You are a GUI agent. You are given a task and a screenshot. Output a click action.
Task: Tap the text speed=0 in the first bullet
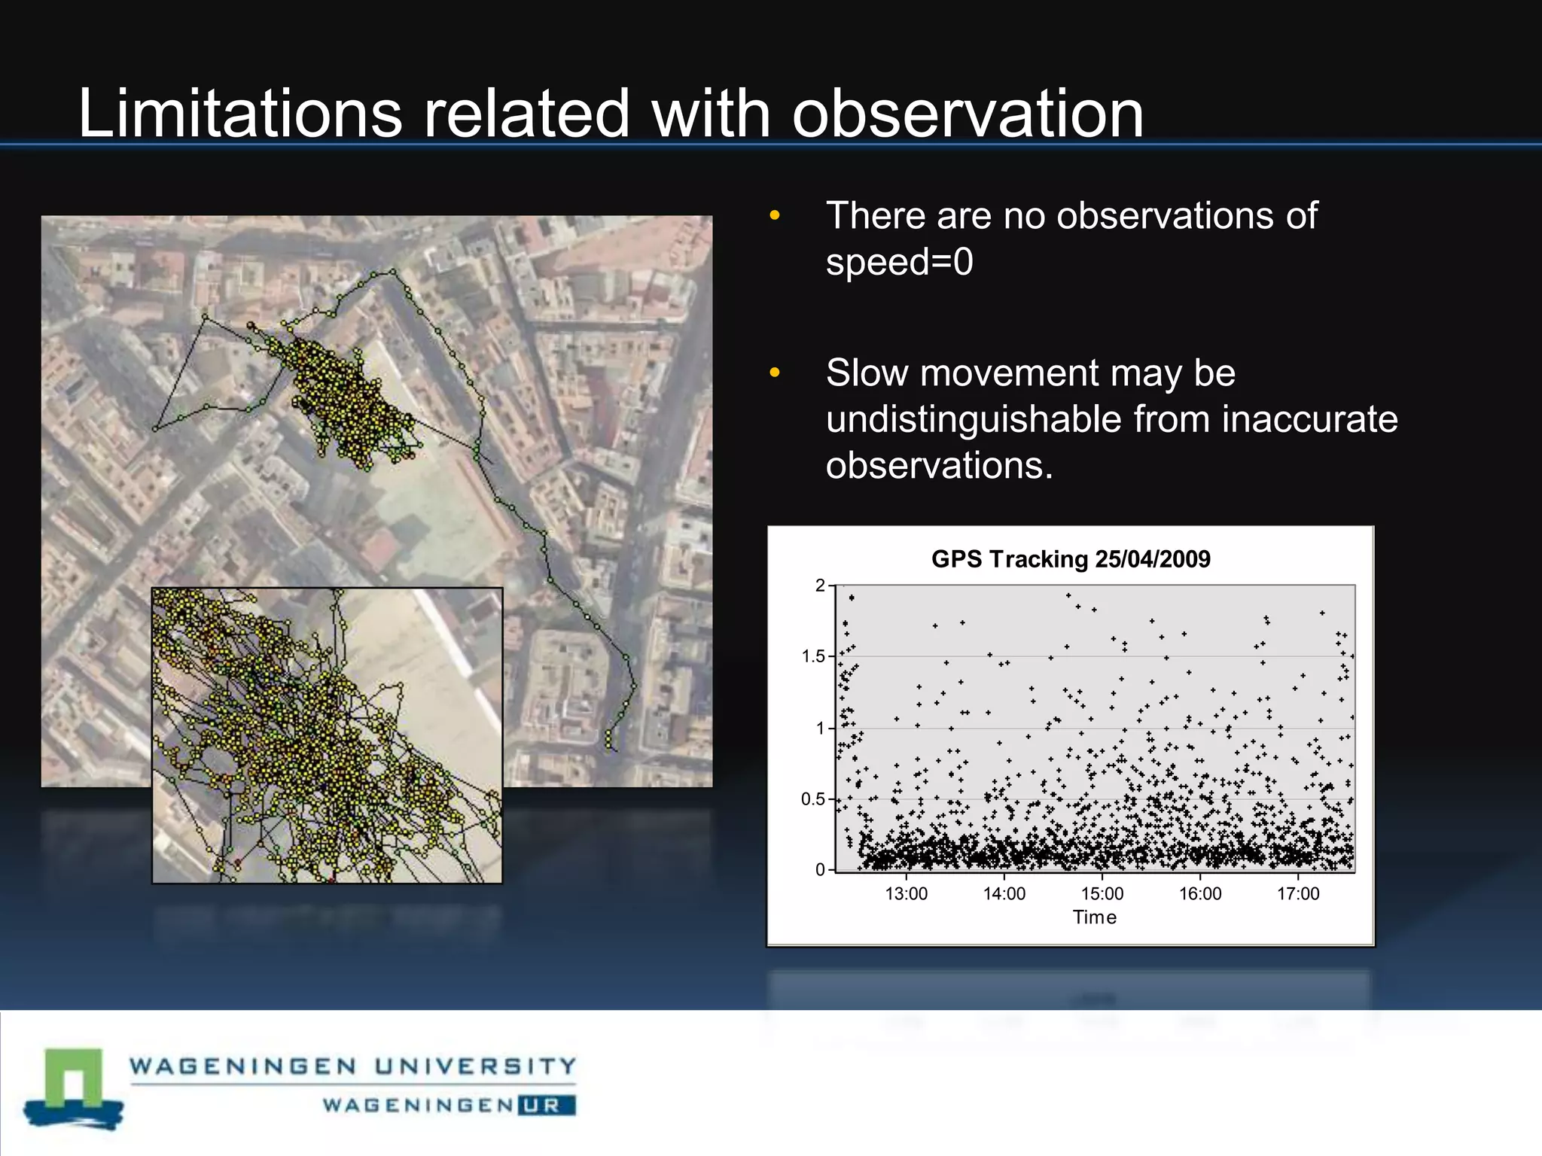click(899, 263)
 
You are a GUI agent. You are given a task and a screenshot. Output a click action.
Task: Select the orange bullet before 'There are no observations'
click(775, 217)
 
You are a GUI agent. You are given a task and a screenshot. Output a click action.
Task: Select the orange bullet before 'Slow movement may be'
click(775, 373)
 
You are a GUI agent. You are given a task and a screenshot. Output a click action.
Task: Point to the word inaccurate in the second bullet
click(1309, 419)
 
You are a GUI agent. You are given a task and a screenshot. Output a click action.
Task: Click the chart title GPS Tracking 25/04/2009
click(1071, 559)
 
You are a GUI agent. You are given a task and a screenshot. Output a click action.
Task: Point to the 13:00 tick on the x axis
click(906, 893)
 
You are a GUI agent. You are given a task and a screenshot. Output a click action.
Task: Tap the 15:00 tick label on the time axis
click(1102, 893)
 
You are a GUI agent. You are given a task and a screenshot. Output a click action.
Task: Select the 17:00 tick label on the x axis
click(1298, 893)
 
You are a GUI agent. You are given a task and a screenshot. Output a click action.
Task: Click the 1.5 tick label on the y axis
click(813, 656)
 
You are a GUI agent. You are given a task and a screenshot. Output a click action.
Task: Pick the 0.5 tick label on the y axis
click(813, 799)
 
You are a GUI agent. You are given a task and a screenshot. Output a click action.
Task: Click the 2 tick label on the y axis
click(820, 586)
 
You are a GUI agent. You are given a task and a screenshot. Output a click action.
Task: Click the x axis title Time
click(1094, 917)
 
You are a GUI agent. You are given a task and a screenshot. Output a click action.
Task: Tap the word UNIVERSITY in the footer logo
click(475, 1066)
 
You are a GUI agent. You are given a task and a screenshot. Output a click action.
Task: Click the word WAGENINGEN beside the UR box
click(418, 1106)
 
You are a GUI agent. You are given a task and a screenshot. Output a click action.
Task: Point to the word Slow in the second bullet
click(867, 373)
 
